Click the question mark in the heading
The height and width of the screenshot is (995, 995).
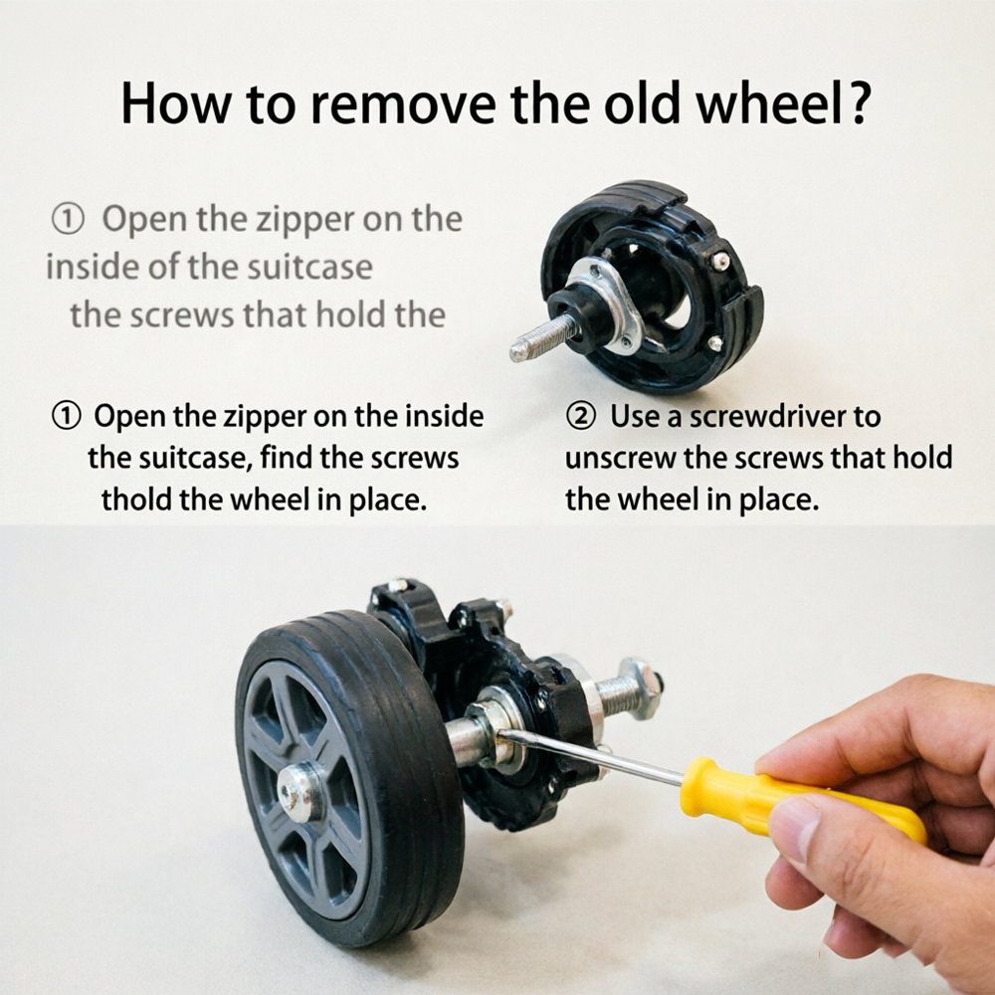click(x=858, y=102)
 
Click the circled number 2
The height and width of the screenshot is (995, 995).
click(x=580, y=417)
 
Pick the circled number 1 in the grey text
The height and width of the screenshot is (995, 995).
click(x=68, y=220)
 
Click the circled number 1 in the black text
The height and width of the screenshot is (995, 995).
click(x=66, y=416)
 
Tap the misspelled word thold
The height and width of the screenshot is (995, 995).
click(x=135, y=499)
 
